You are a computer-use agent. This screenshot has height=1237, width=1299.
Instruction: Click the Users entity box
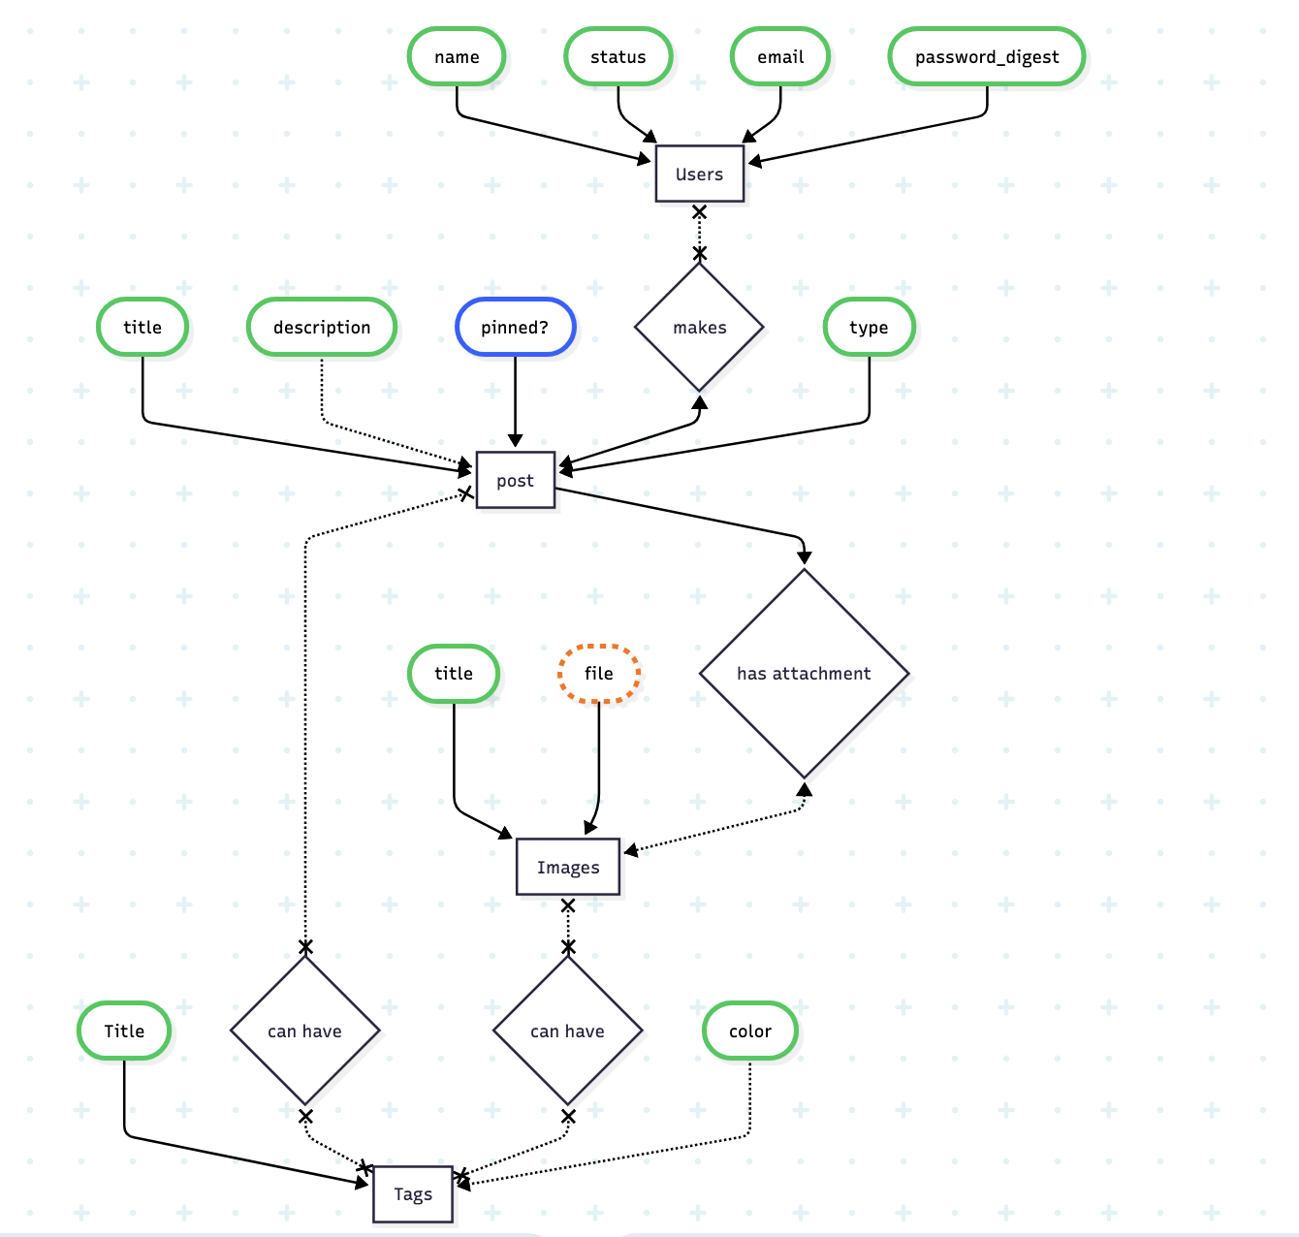point(699,174)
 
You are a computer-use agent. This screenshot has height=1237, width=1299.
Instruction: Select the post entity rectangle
point(515,481)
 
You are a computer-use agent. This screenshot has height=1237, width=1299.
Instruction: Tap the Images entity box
point(568,868)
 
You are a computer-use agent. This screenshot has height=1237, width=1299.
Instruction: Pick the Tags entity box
point(413,1194)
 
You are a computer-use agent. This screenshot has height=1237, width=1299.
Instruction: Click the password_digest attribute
point(987,57)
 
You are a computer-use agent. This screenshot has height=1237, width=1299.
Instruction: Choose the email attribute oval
point(780,57)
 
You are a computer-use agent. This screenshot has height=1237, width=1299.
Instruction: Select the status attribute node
point(618,57)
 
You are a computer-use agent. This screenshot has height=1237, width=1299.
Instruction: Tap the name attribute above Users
point(457,57)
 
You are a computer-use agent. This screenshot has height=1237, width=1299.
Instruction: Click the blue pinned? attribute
point(515,328)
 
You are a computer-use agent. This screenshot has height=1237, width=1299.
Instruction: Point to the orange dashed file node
point(599,674)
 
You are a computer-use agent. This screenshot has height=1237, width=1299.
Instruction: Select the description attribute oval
point(322,328)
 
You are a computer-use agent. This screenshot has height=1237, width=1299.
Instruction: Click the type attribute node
point(869,328)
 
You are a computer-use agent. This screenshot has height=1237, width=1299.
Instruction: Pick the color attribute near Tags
point(750,1031)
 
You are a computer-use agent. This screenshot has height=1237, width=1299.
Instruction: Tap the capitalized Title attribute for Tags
point(124,1031)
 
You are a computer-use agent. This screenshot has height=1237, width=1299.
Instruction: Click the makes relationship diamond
point(699,328)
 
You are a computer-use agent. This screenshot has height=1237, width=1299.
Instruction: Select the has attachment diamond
point(804,674)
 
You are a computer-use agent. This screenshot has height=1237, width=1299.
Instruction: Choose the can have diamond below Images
point(567,1031)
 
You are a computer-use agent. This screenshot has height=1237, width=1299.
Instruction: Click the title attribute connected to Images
point(454,674)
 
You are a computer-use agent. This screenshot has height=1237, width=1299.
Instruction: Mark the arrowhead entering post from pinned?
point(515,441)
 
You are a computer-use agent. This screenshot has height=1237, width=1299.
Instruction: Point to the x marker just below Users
point(699,212)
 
